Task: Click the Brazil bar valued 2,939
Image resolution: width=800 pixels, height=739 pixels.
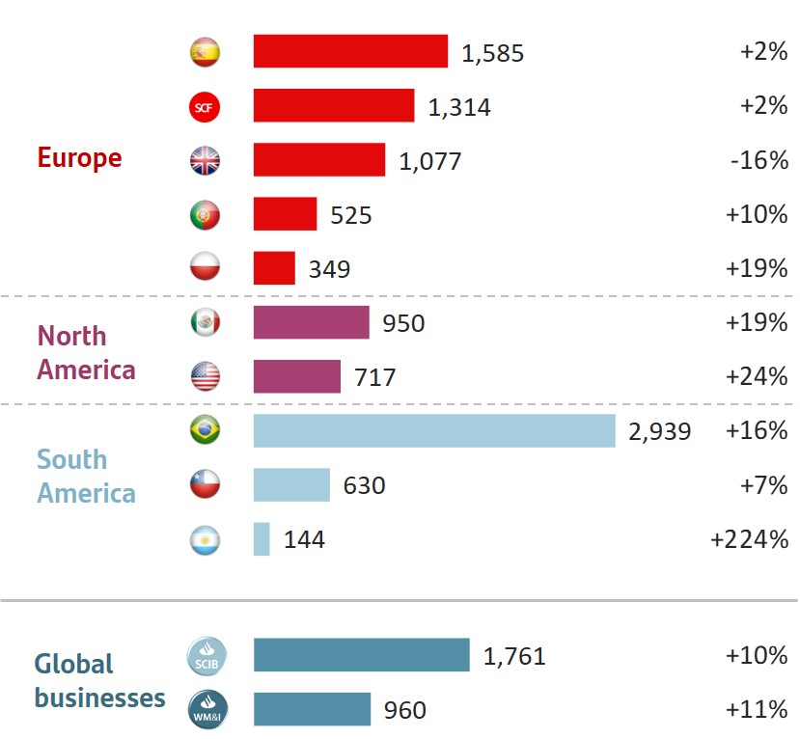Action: point(434,430)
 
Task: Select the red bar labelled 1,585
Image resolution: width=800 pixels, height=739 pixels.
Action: point(350,51)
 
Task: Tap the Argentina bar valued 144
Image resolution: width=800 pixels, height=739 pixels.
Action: point(262,538)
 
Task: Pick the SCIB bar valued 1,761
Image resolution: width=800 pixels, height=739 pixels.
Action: point(361,655)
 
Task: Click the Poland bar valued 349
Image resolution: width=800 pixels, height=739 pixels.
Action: point(274,268)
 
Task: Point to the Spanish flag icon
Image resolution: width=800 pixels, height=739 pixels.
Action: point(205,52)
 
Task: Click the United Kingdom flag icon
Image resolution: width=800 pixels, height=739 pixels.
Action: point(205,160)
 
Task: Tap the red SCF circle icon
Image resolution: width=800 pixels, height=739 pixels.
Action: point(205,106)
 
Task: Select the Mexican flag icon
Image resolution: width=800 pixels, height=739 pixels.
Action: point(205,322)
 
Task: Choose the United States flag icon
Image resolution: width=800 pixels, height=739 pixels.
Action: point(205,376)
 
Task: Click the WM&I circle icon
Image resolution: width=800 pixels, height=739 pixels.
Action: point(205,710)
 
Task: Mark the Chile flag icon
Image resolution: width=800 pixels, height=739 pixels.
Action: point(205,484)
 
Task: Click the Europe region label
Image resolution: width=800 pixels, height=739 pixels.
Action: point(79,158)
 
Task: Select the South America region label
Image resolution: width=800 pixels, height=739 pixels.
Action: point(86,477)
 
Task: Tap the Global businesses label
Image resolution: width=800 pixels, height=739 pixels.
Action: point(99,681)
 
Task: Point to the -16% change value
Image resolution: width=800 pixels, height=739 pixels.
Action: point(759,160)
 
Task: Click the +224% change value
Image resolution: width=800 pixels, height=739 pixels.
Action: point(749,539)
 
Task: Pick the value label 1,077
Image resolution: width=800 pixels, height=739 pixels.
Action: point(430,161)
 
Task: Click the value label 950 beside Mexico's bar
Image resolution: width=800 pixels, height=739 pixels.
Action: point(403,323)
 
